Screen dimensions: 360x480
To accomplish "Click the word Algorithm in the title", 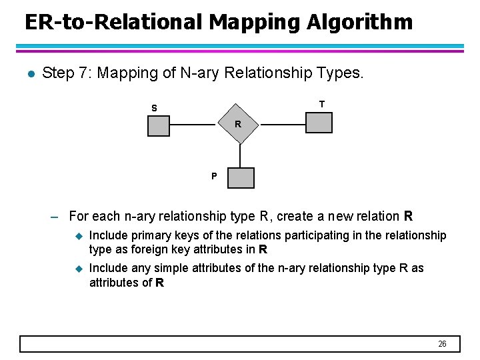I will click(359, 22).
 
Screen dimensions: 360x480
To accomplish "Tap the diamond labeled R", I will click(238, 124).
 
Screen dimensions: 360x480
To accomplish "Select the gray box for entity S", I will click(159, 126).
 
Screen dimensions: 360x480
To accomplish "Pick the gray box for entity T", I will click(319, 123).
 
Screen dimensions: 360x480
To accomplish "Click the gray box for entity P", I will click(241, 177).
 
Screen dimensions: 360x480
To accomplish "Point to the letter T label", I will click(322, 104).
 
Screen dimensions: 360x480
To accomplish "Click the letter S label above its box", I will click(154, 108).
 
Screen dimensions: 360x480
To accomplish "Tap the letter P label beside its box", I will click(214, 177).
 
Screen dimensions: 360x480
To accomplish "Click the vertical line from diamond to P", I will click(238, 156).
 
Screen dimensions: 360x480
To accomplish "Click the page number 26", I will click(442, 344).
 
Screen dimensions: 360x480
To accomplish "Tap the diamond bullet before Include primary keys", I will click(77, 236).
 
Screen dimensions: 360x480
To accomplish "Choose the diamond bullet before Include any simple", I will click(77, 269).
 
